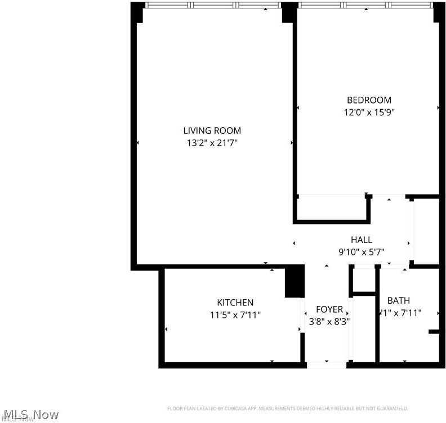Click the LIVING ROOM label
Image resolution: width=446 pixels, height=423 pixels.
pyautogui.click(x=212, y=130)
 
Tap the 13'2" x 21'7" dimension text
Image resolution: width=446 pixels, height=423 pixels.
pyautogui.click(x=212, y=143)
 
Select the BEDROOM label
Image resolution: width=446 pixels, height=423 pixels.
pyautogui.click(x=369, y=100)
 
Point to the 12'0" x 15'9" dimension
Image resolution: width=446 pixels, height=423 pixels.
pyautogui.click(x=369, y=112)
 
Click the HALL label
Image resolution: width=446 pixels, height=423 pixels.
pyautogui.click(x=361, y=240)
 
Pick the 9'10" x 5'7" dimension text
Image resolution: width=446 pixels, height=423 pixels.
pyautogui.click(x=361, y=252)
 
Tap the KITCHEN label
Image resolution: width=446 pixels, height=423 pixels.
pyautogui.click(x=235, y=302)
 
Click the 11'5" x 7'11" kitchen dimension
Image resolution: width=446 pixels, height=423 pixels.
pyautogui.click(x=235, y=314)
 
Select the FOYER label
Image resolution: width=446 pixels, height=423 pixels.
pyautogui.click(x=329, y=309)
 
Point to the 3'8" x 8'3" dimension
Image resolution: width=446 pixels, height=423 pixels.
pyautogui.click(x=329, y=322)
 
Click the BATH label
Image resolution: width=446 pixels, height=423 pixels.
pyautogui.click(x=398, y=300)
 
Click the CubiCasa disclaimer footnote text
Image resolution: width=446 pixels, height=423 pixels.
pyautogui.click(x=287, y=408)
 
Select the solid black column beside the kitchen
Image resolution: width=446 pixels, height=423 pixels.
pyautogui.click(x=295, y=281)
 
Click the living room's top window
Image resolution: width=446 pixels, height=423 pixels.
pyautogui.click(x=213, y=6)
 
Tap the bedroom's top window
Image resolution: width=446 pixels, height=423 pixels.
pyautogui.click(x=366, y=6)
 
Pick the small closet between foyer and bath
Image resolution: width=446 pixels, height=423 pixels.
pyautogui.click(x=363, y=280)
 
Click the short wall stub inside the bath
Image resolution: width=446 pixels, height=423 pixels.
pyautogui.click(x=433, y=332)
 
